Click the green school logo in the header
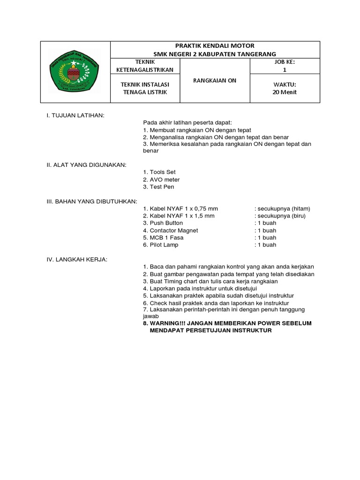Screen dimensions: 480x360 [x=75, y=72]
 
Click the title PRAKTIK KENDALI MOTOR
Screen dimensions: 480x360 [x=215, y=46]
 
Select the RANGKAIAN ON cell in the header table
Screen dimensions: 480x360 [x=215, y=81]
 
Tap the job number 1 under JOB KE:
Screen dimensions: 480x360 [x=285, y=70]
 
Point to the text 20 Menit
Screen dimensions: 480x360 [x=285, y=92]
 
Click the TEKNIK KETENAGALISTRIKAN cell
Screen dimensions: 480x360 [x=144, y=66]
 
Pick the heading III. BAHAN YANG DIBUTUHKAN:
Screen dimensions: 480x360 [x=91, y=201]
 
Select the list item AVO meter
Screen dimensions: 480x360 [x=161, y=180]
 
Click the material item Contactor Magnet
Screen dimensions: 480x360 [x=171, y=230]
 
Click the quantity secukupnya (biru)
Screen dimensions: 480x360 [x=280, y=216]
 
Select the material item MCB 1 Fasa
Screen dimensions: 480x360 [x=164, y=238]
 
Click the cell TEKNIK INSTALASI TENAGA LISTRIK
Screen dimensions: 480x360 [x=144, y=88]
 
